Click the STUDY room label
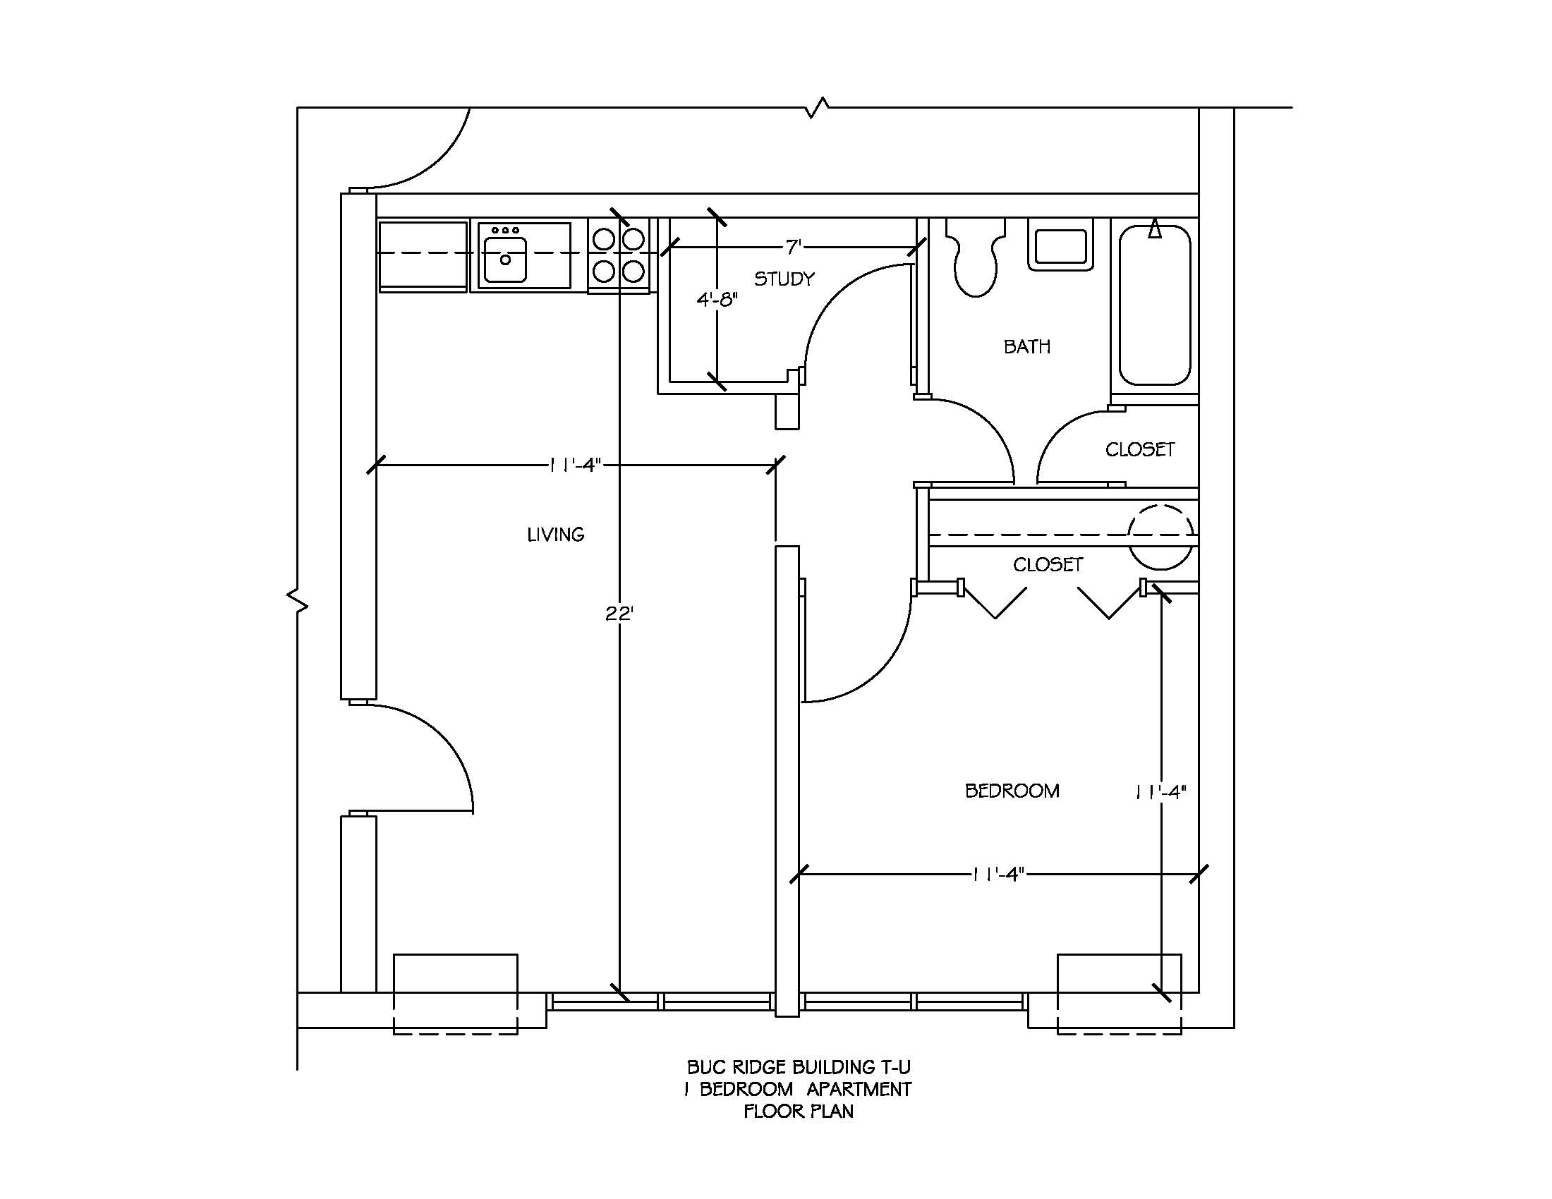point(784,279)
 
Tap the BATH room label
point(1027,346)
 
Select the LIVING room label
point(556,535)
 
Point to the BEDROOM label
point(1012,791)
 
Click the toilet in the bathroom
point(976,260)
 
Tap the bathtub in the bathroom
point(1155,305)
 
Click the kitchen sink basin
point(505,259)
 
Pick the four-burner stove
point(618,255)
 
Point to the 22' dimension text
point(619,614)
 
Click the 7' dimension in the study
point(793,246)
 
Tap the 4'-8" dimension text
point(717,300)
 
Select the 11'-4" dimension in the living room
point(576,465)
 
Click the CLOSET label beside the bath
point(1140,450)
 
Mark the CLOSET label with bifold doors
point(1048,565)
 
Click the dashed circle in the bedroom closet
point(1161,536)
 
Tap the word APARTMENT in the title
point(859,1090)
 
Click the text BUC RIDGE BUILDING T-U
point(798,1068)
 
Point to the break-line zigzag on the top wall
point(817,108)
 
